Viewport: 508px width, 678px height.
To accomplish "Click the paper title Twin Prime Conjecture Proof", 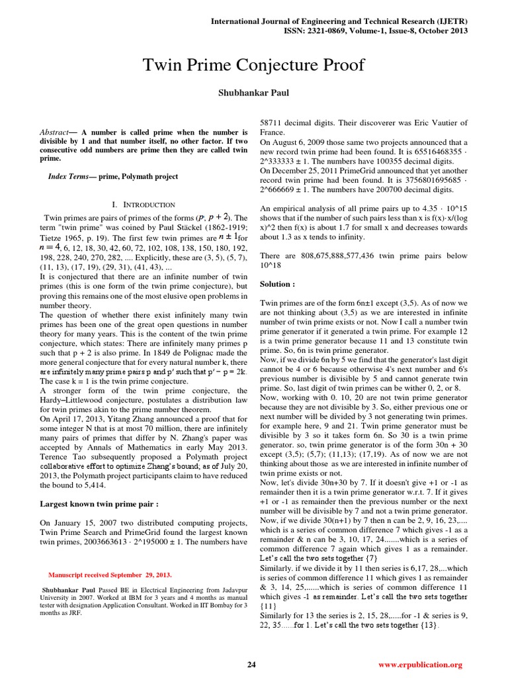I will pyautogui.click(x=254, y=65).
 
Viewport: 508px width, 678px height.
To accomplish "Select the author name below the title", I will pyautogui.click(x=254, y=94).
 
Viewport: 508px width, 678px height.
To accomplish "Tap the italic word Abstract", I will pyautogui.click(x=54, y=132).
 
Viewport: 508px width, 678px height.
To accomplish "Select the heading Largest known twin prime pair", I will pyautogui.click(x=100, y=504).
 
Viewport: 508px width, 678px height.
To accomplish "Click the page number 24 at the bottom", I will pyautogui.click(x=251, y=664).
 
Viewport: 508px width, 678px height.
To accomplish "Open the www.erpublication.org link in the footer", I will pyautogui.click(x=421, y=664).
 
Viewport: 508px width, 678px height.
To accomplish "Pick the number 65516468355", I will pyautogui.click(x=424, y=151).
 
